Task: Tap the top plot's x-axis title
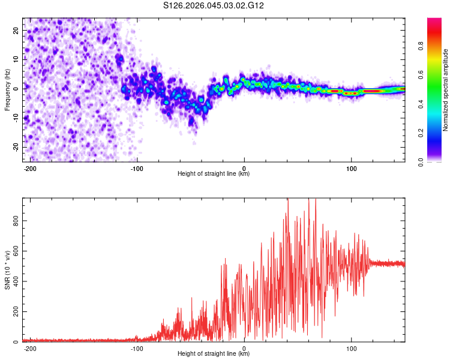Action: click(214, 174)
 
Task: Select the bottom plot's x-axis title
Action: click(214, 354)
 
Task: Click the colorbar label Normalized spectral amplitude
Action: click(445, 90)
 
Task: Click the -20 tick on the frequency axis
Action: click(15, 147)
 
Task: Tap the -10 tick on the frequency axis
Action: click(15, 118)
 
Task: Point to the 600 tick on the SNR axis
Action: click(13, 251)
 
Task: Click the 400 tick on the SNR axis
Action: click(13, 281)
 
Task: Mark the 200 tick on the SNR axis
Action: click(13, 311)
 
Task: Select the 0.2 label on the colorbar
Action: click(421, 133)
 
